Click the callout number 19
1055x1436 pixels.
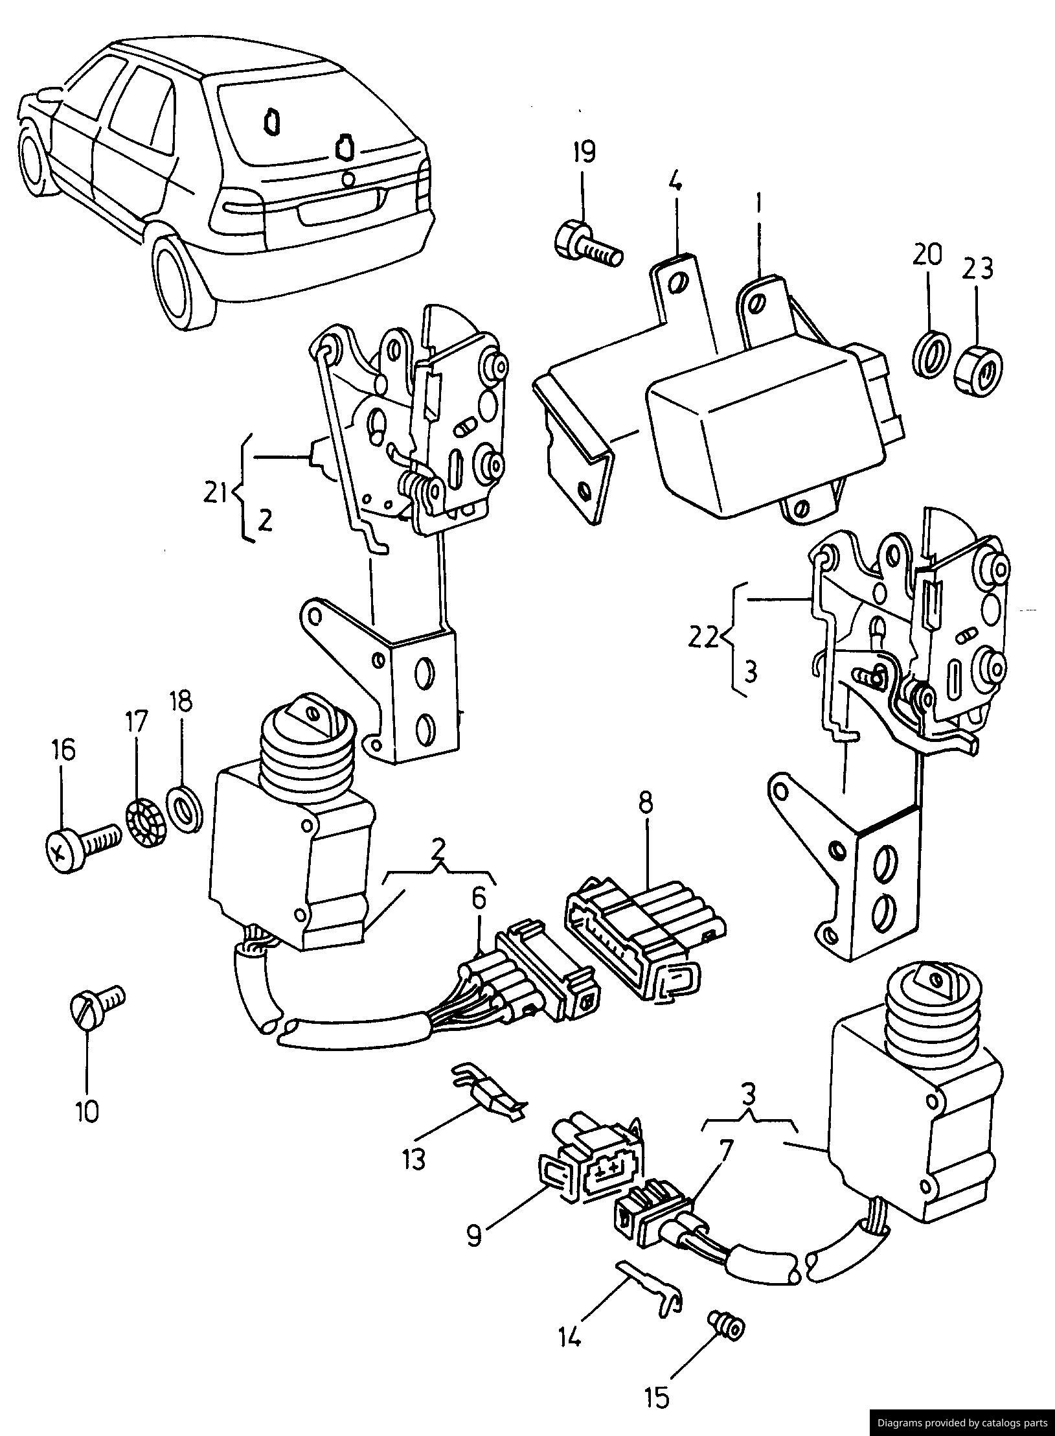583,152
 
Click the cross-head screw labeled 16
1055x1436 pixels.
81,843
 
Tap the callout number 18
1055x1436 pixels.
181,702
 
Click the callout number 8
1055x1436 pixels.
646,804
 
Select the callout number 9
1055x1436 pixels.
474,1236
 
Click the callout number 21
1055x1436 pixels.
214,494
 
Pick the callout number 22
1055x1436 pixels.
703,640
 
